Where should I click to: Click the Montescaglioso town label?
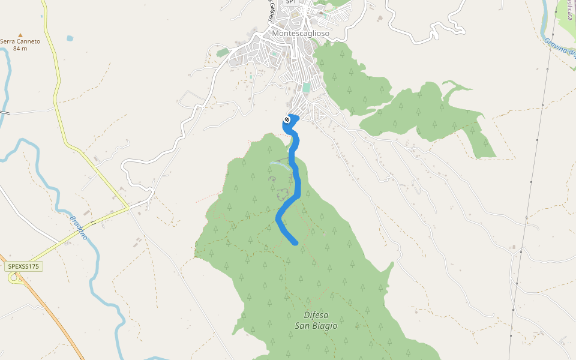tap(301, 34)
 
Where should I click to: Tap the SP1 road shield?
tap(291, 2)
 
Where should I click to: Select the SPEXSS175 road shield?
tap(25, 266)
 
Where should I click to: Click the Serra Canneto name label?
tap(20, 41)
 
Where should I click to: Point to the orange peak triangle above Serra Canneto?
tap(20, 35)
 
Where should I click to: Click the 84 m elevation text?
tap(20, 48)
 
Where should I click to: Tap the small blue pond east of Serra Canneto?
tap(70, 38)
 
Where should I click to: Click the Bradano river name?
tap(79, 227)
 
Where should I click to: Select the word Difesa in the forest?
tap(316, 315)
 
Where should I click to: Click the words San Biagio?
tap(316, 326)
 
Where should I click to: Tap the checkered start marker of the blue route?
tap(287, 120)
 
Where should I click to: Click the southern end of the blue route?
tap(295, 242)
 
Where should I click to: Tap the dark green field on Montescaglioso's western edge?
tap(223, 53)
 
